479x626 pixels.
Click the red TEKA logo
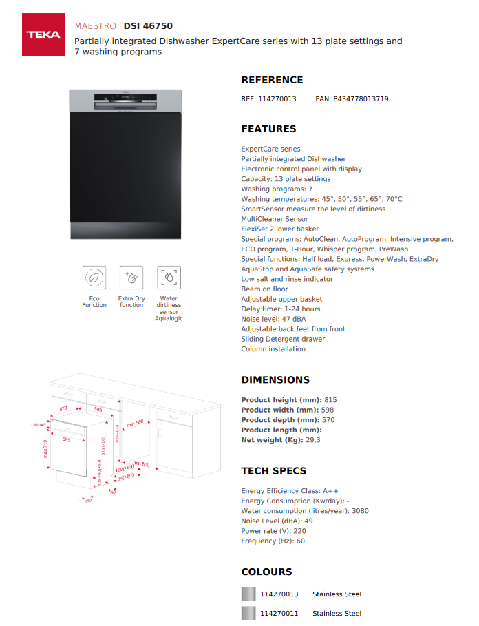pos(43,34)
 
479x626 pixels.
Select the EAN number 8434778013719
pos(361,99)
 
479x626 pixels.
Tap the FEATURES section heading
pos(268,129)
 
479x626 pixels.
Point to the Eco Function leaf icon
pos(94,278)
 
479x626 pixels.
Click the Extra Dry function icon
pos(131,278)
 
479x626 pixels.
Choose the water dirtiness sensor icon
pos(169,278)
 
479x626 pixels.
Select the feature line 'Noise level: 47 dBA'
pos(273,319)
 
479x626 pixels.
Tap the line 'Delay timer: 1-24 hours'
pos(280,309)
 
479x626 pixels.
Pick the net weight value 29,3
pos(313,440)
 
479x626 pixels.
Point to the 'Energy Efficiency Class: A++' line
pos(281,491)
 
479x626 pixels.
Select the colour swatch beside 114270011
pos(248,614)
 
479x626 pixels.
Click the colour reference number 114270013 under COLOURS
pos(279,594)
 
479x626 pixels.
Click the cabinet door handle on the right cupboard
pos(160,433)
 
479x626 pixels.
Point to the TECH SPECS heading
pos(273,471)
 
